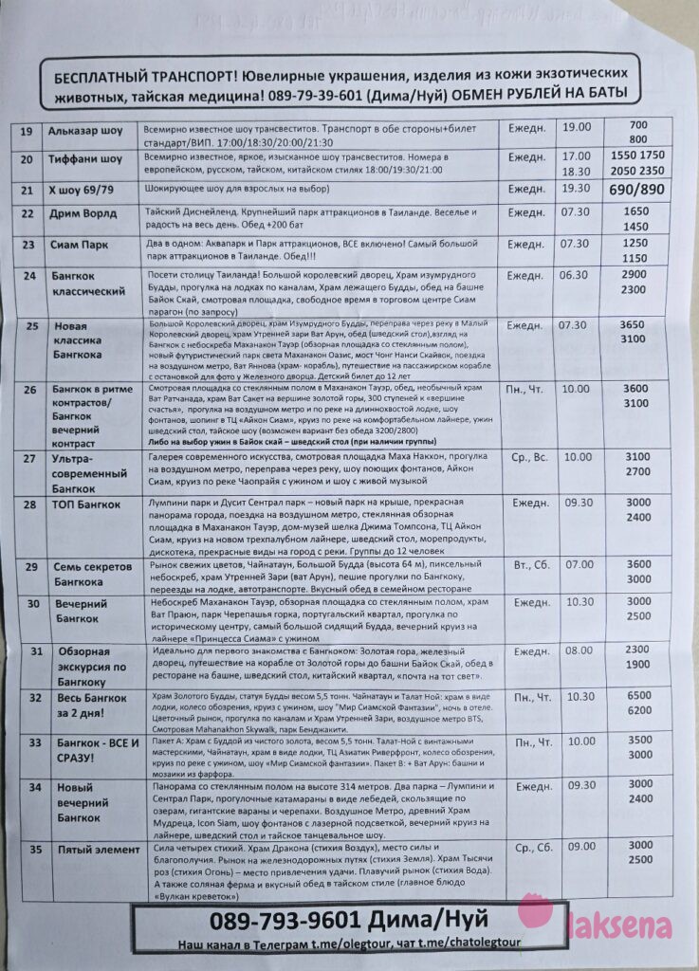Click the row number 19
[27, 132]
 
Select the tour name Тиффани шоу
[85, 158]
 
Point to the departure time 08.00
[579, 651]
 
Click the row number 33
[35, 742]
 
